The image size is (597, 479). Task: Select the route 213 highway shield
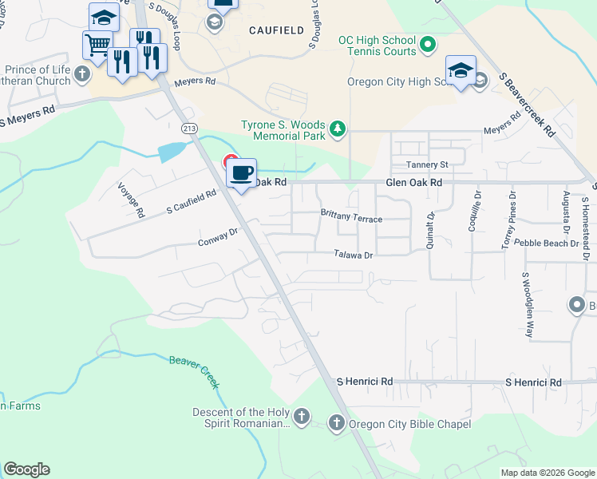188,127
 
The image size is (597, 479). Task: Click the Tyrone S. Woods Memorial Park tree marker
338,128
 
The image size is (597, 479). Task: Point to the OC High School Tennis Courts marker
427,45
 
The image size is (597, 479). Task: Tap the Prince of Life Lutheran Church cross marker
81,75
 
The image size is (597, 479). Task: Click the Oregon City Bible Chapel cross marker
336,423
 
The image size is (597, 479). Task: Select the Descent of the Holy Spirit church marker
301,416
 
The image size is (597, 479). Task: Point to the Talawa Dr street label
354,255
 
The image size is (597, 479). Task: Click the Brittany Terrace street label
351,216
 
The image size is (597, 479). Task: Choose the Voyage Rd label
131,200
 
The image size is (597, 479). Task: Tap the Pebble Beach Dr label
546,242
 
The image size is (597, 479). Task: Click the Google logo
26,469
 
